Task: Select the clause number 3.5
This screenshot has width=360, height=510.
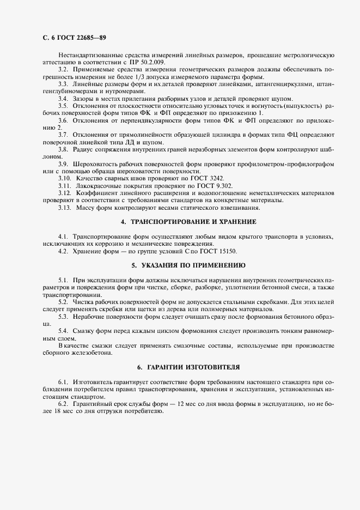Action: [x=63, y=105]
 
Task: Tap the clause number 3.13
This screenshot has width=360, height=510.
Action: [x=65, y=207]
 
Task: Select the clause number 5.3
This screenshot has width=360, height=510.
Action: [x=63, y=315]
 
